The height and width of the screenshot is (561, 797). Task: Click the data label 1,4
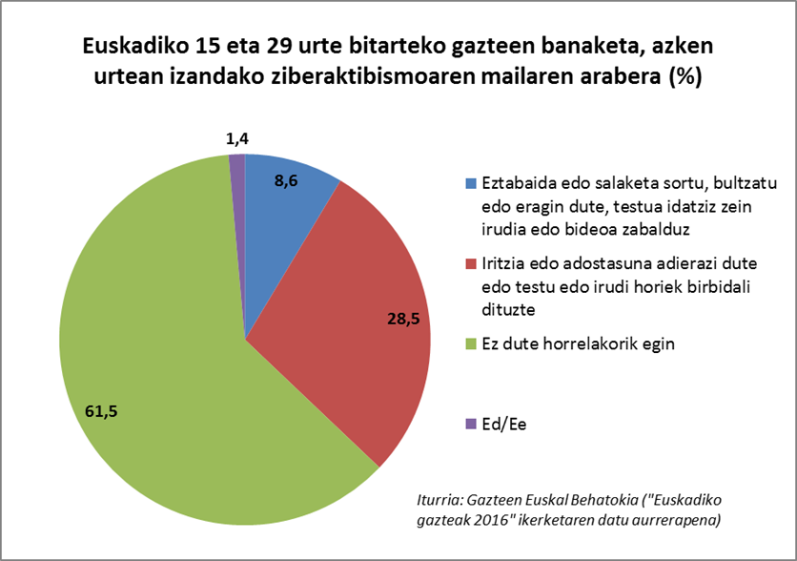click(238, 140)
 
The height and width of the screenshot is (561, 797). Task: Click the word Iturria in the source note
click(442, 499)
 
